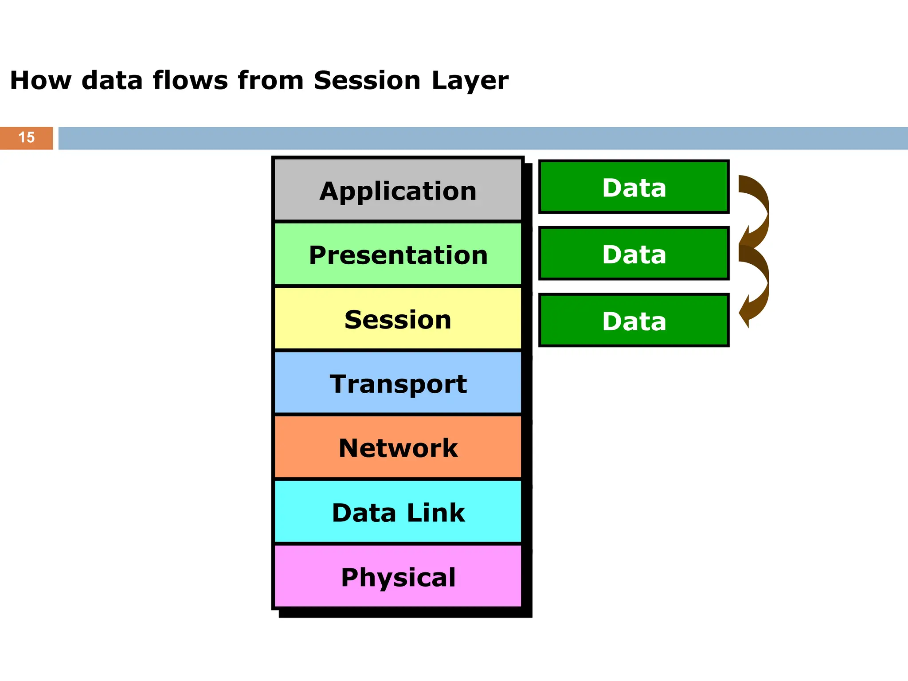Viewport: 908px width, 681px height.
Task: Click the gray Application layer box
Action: click(x=398, y=190)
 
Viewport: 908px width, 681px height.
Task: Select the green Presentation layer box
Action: click(x=398, y=254)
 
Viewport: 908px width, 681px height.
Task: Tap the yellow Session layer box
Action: click(x=398, y=319)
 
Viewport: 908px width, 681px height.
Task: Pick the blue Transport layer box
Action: click(x=398, y=383)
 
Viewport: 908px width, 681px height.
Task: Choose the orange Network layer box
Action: click(x=398, y=447)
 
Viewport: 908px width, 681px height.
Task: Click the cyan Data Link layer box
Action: click(x=398, y=512)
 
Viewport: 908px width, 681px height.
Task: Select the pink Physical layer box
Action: click(x=398, y=576)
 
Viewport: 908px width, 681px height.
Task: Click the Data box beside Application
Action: click(x=634, y=187)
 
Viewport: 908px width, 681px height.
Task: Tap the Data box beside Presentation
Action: click(x=634, y=253)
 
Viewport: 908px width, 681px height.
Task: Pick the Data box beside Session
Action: click(x=634, y=320)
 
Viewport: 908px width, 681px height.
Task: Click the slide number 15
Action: click(x=27, y=137)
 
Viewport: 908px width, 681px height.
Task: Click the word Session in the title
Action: click(x=367, y=80)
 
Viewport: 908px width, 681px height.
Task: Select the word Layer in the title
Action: click(x=470, y=81)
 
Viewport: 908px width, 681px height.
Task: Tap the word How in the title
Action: click(x=40, y=80)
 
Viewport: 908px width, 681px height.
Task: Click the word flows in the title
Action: click(x=190, y=80)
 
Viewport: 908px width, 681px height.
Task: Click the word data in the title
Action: click(x=112, y=80)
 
